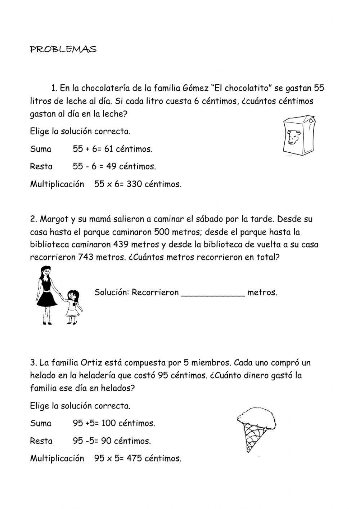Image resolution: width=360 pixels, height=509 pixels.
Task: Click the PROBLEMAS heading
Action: [63, 49]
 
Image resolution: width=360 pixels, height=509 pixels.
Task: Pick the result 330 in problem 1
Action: [134, 184]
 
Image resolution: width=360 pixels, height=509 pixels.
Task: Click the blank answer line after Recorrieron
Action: [213, 293]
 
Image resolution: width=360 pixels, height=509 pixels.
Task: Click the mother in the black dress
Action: [47, 292]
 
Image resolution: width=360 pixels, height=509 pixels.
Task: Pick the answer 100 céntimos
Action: [128, 424]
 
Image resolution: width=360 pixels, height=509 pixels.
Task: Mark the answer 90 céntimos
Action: [126, 441]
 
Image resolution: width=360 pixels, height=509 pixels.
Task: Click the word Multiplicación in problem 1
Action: [57, 184]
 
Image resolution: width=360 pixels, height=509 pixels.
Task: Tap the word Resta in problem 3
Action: [41, 441]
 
